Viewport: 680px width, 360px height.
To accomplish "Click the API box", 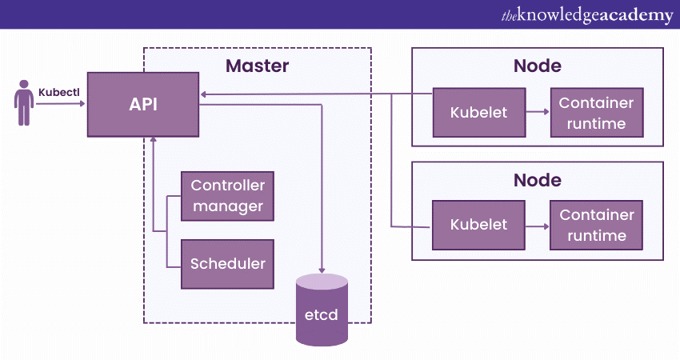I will (143, 104).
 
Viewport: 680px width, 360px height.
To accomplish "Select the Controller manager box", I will (227, 196).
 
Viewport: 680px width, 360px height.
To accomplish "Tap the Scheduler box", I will (227, 263).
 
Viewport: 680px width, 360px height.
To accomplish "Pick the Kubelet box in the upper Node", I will (478, 112).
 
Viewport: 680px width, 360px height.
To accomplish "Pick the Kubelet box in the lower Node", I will (478, 225).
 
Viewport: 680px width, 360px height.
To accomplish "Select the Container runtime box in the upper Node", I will (596, 112).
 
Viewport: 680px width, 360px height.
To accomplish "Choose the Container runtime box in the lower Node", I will (596, 225).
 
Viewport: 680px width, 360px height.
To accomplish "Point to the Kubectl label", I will (59, 92).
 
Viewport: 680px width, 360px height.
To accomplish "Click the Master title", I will (257, 66).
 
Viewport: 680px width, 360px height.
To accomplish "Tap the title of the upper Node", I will (537, 66).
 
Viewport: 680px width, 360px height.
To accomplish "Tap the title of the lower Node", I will (537, 179).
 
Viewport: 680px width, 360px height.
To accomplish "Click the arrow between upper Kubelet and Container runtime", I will (537, 112).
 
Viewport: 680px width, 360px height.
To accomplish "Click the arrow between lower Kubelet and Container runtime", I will (537, 225).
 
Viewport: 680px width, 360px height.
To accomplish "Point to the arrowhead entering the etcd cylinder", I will (322, 269).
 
